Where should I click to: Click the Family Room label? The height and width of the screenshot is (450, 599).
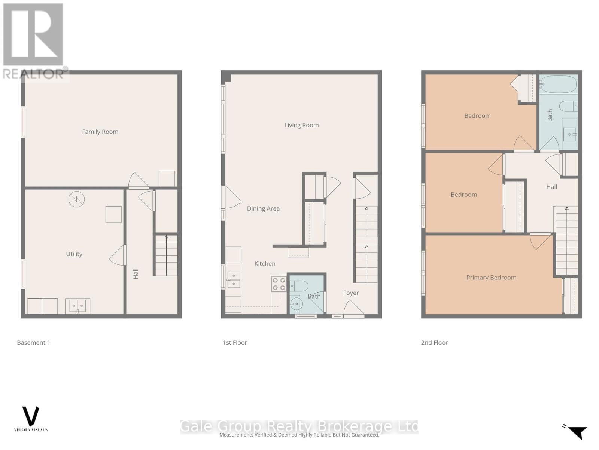click(100, 132)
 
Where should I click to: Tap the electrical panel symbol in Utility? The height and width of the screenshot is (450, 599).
click(76, 199)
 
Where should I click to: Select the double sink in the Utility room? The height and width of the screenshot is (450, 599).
click(77, 306)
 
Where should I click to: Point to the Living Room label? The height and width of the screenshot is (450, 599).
click(301, 125)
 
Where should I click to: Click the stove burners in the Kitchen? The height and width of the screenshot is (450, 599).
click(279, 284)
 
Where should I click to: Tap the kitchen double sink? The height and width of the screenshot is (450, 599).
click(233, 280)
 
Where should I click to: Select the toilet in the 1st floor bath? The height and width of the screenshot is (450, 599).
click(299, 286)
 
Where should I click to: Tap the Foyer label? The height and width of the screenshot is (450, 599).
click(351, 293)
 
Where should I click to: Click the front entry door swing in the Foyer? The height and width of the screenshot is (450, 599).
click(353, 309)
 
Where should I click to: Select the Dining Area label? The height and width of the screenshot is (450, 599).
click(263, 208)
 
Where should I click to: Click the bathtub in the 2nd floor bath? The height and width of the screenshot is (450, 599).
click(558, 84)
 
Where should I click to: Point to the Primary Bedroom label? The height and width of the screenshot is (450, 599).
click(491, 277)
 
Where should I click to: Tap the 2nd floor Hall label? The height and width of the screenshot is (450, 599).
click(551, 187)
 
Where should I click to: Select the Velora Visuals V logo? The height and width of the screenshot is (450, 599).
click(31, 416)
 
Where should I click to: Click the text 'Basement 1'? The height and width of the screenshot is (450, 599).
click(33, 342)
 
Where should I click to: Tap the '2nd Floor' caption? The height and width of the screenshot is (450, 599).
click(434, 342)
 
